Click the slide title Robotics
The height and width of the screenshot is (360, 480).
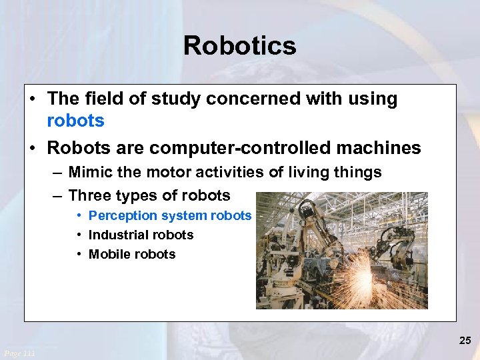tap(239, 46)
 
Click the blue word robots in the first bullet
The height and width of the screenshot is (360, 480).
tap(76, 121)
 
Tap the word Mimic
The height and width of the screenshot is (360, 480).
tap(89, 173)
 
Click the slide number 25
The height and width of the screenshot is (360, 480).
tap(465, 341)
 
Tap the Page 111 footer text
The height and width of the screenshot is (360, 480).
tap(19, 353)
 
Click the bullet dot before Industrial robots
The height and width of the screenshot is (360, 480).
tap(79, 235)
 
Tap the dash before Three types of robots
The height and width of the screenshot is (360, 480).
tap(58, 196)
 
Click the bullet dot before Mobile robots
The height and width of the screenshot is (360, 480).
tap(79, 255)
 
